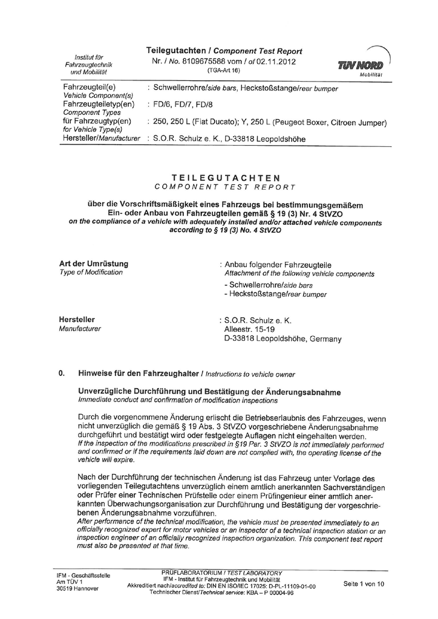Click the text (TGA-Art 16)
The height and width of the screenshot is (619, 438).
pyautogui.click(x=224, y=71)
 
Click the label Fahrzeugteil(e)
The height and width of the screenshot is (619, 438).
pyautogui.click(x=90, y=88)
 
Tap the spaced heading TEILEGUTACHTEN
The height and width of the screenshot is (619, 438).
pyautogui.click(x=226, y=178)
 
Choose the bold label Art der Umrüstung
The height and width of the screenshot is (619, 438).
pyautogui.click(x=94, y=264)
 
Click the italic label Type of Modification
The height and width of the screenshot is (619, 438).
pyautogui.click(x=91, y=273)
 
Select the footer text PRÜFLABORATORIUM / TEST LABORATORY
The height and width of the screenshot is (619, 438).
pyautogui.click(x=222, y=572)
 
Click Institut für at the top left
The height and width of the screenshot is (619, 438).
pyautogui.click(x=88, y=56)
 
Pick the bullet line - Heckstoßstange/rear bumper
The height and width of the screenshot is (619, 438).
pyautogui.click(x=275, y=294)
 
